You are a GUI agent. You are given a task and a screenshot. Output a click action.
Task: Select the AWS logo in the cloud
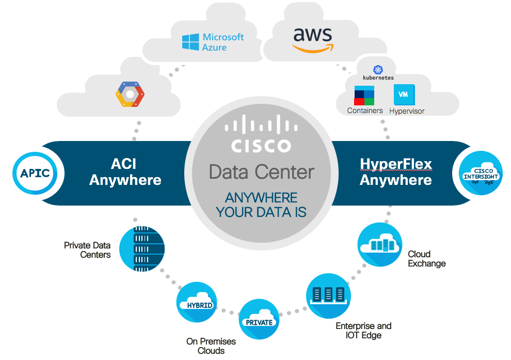click(313, 39)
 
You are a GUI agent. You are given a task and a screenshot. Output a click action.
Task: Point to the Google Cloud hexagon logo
click(130, 95)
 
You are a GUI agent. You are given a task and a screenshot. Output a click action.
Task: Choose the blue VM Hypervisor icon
click(404, 95)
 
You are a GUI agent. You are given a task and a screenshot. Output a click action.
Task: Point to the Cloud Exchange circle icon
click(379, 245)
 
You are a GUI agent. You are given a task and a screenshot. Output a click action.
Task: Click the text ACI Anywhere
click(125, 172)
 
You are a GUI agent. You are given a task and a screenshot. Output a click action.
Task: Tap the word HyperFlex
click(395, 165)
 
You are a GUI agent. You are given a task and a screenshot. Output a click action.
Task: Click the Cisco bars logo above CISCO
click(261, 126)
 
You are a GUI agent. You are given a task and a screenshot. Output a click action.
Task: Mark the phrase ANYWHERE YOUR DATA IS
click(261, 205)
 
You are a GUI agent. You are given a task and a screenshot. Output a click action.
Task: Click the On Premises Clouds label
click(211, 346)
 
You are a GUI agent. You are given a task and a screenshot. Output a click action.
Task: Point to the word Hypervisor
click(407, 111)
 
